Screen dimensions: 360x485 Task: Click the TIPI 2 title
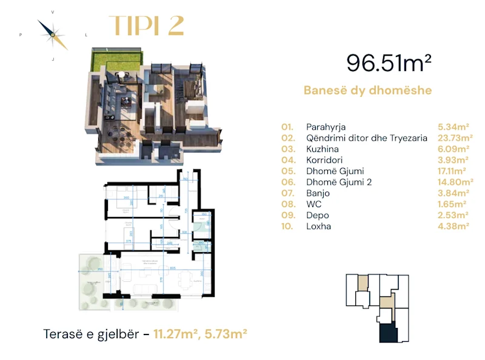145,25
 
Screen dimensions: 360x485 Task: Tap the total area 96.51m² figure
389,62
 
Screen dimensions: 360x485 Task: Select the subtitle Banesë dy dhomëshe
367,91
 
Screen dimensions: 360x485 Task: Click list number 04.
287,160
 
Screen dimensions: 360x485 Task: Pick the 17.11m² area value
453,171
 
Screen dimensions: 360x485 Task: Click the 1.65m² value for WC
453,204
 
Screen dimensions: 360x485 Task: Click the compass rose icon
53,35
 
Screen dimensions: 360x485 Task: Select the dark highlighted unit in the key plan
386,333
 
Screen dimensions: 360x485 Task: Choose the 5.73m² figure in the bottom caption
227,333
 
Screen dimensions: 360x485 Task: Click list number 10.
287,226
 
